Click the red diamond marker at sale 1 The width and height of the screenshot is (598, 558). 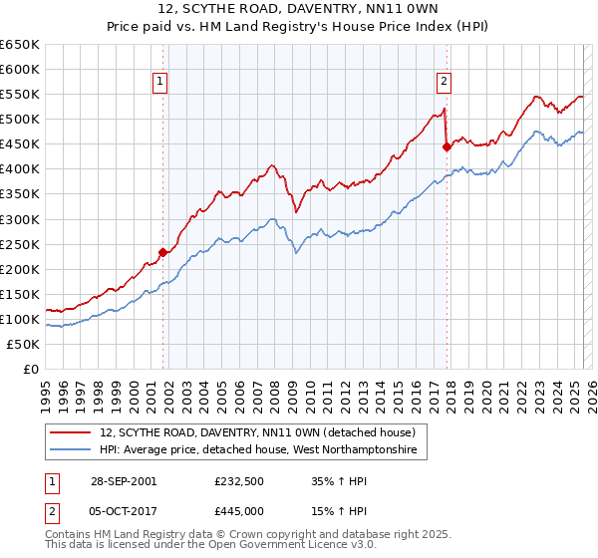tap(162, 252)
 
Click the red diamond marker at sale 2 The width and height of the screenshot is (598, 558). tap(447, 146)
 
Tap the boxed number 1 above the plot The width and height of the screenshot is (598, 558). tap(160, 83)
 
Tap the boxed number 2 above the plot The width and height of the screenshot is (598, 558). tap(444, 83)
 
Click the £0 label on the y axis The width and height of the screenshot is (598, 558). tap(33, 369)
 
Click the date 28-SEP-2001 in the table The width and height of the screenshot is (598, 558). tap(123, 481)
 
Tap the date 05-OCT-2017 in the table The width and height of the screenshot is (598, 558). tap(123, 511)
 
